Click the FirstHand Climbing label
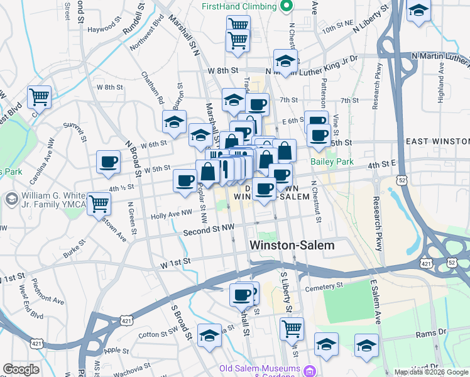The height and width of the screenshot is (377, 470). pos(239,6)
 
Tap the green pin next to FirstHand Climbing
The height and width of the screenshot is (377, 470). pos(287,6)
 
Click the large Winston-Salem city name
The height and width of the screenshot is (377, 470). pos(292,246)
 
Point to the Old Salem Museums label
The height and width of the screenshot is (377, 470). pos(259,369)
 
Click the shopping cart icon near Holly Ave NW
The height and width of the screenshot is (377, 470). pos(99,203)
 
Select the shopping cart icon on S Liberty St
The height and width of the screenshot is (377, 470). pos(292,327)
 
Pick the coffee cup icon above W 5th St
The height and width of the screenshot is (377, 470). pos(108,161)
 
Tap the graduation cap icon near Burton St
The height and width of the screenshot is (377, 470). pos(174,121)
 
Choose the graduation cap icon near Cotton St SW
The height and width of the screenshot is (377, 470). pos(209,335)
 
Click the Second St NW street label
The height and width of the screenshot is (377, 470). pos(209,231)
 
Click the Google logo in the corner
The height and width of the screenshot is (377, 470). pos(21,369)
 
